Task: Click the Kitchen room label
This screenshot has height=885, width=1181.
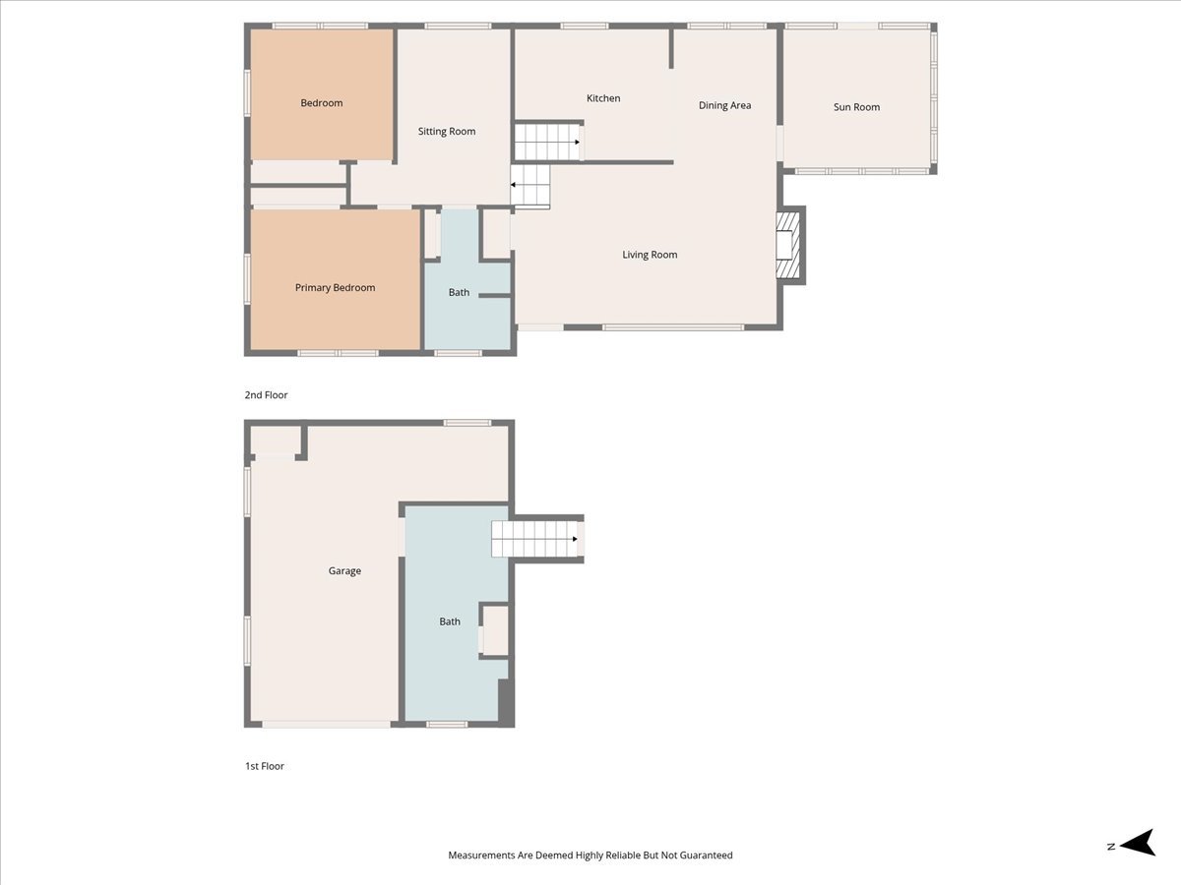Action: click(603, 98)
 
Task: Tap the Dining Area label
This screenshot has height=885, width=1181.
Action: click(724, 105)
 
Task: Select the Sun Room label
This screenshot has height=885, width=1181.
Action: click(856, 107)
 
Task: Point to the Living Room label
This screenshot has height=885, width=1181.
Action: click(650, 255)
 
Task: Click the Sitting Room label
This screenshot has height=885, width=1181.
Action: click(447, 132)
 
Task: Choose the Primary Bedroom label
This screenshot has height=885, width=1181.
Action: click(335, 288)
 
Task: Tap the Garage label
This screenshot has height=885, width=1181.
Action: click(344, 571)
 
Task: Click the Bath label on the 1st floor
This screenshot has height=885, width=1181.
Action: click(450, 621)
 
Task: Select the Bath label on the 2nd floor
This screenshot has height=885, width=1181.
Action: click(459, 292)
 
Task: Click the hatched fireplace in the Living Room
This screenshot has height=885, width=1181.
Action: click(787, 245)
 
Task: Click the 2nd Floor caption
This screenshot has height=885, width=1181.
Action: click(266, 395)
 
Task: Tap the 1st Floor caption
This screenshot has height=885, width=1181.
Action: click(264, 766)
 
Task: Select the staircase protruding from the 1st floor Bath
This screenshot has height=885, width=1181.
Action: click(537, 539)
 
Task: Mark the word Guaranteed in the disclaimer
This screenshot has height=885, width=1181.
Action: click(706, 855)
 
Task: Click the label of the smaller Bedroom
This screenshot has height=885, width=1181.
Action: click(321, 103)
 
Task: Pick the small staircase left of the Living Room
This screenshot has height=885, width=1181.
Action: click(529, 186)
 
